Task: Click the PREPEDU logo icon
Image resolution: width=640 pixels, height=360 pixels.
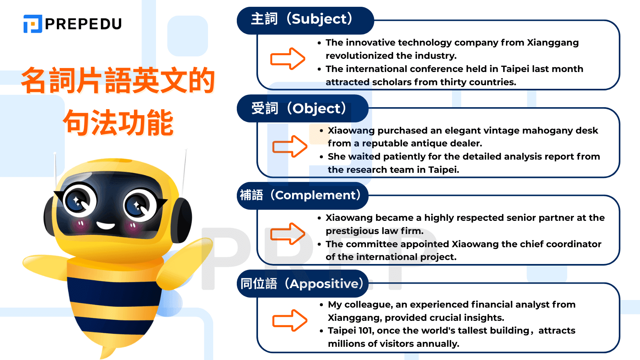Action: tap(33, 24)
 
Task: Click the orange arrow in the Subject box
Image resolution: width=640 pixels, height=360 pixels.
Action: tap(288, 59)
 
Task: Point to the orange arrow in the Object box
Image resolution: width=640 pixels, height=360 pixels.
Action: tap(290, 146)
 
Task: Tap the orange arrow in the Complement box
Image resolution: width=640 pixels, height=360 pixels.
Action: tap(288, 234)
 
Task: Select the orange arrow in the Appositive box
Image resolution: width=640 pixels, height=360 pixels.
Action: tap(290, 320)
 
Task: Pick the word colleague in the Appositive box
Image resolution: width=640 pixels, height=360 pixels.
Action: tap(368, 305)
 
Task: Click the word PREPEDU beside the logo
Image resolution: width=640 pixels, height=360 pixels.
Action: tap(83, 24)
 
